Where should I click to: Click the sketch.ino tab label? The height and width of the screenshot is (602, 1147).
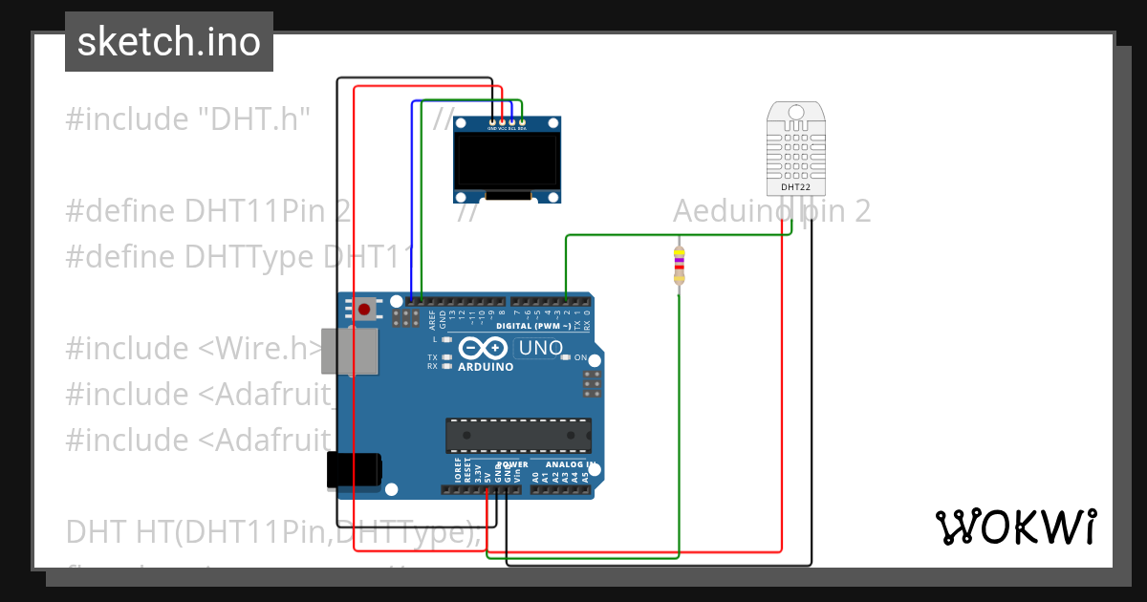coord(168,42)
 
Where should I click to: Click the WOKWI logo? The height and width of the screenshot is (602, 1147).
coord(1015,527)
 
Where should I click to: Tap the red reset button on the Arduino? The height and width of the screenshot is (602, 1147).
coord(364,308)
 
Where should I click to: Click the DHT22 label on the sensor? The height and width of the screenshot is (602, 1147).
coord(795,187)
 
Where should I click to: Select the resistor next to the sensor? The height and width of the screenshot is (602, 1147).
coord(680,261)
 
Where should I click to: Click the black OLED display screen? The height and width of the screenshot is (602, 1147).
coord(507,160)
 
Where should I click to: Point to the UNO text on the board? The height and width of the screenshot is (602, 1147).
coord(539,348)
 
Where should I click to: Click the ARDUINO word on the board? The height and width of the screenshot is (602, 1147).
coord(486,367)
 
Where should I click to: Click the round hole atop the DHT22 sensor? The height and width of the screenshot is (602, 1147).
coord(795,113)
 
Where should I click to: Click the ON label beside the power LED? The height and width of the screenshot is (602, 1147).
coord(580,357)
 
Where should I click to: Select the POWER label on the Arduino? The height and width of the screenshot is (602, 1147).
coord(512,464)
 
